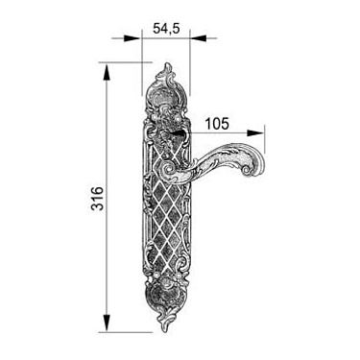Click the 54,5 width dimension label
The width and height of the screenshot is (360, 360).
(166, 29)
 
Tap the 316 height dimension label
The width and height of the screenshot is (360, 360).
(98, 199)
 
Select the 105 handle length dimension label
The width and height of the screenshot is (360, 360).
(217, 124)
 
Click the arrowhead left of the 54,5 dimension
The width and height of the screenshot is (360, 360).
(132, 38)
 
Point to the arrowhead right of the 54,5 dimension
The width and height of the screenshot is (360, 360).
(199, 38)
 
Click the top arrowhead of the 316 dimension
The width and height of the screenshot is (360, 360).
(107, 72)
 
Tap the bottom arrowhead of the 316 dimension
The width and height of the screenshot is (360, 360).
(107, 324)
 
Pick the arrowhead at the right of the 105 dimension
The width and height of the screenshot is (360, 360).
(255, 133)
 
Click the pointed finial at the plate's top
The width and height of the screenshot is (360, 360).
(167, 70)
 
